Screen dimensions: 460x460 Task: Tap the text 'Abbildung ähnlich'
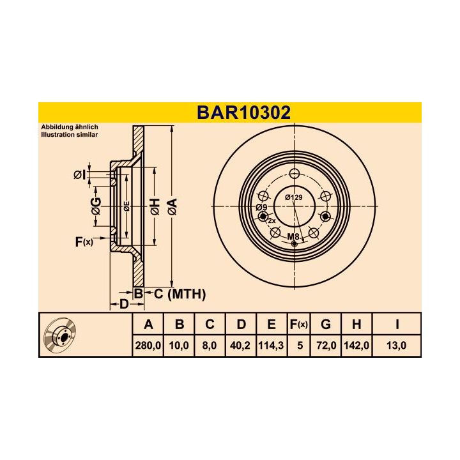[69, 128]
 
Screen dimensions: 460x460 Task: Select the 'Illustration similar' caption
[68, 135]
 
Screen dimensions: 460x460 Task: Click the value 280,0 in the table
[148, 346]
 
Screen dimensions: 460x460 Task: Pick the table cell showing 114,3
[272, 346]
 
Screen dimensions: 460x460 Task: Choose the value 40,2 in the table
[241, 346]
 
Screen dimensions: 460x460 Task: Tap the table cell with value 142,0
[356, 346]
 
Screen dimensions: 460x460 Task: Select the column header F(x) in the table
[298, 325]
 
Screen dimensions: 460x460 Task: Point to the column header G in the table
[325, 325]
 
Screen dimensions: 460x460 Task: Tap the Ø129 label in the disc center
[293, 197]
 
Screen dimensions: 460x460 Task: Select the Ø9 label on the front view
[261, 208]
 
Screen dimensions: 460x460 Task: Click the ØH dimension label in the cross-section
[154, 206]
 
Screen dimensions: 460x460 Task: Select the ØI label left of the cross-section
[79, 174]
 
